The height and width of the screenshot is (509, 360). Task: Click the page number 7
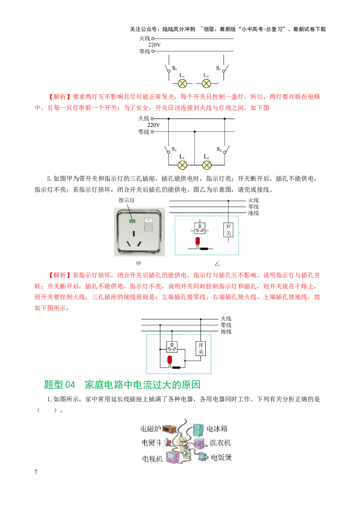[x=36, y=472]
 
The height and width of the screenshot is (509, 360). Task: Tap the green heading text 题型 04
[x=59, y=384]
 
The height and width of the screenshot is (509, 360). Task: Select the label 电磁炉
[x=150, y=429]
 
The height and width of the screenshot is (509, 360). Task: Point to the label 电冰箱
[x=217, y=429]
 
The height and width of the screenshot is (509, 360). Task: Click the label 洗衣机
[x=220, y=443]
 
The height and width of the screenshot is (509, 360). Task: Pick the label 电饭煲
[x=221, y=457]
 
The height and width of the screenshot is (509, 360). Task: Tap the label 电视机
[x=153, y=459]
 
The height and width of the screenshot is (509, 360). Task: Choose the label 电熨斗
[x=151, y=443]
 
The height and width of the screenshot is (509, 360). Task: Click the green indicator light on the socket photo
[x=132, y=221]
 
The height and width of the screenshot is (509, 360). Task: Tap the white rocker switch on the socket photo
[x=148, y=224]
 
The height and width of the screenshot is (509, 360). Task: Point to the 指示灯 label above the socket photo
[x=126, y=200]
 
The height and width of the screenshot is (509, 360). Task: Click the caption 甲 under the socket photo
[x=139, y=263]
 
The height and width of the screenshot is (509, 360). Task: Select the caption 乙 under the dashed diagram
[x=217, y=264]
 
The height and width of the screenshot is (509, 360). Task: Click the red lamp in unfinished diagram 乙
[x=198, y=241]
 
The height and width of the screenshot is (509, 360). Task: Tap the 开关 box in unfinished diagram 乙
[x=229, y=230]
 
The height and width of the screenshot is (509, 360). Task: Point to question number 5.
[x=49, y=179]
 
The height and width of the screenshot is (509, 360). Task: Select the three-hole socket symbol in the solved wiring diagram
[x=172, y=347]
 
